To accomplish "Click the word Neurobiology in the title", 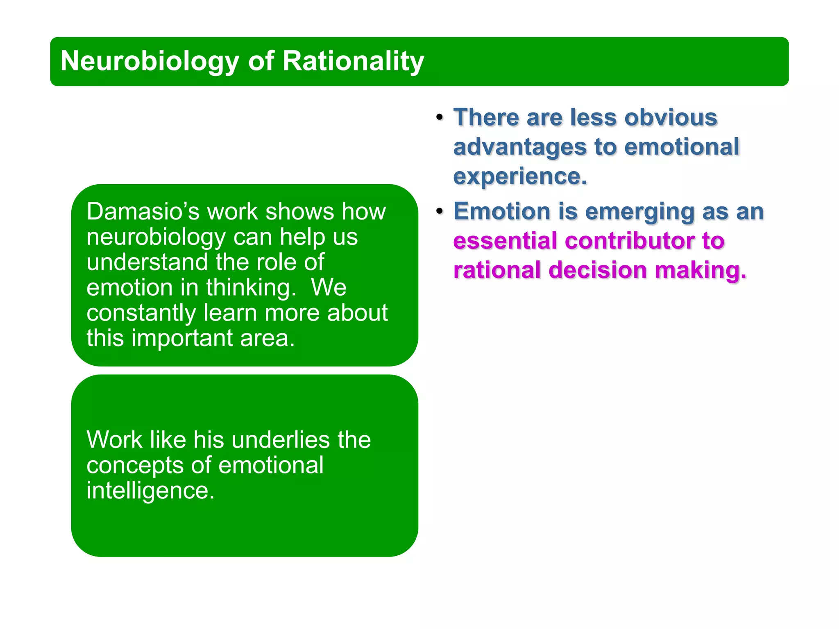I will point(150,61).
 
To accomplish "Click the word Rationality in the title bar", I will point(353,61).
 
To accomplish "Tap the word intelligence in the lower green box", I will point(150,491).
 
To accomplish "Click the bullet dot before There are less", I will point(440,118).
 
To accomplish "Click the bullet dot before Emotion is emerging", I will point(440,211).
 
